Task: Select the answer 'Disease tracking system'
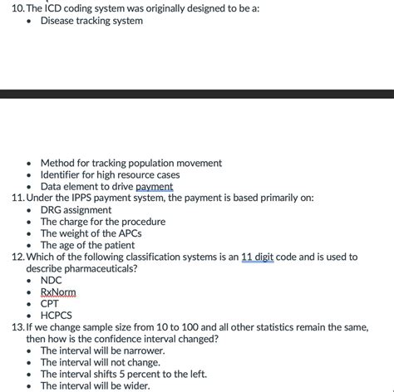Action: (x=91, y=21)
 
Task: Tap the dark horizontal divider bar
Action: (x=197, y=94)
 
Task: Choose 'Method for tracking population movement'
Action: (x=131, y=164)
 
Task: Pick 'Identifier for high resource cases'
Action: (x=110, y=175)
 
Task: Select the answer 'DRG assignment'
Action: (x=76, y=210)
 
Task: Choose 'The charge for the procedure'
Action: (x=102, y=222)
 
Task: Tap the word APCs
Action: (x=126, y=233)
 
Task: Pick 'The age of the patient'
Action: (x=87, y=245)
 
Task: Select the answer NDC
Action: (x=51, y=281)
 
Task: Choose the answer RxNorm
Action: (x=57, y=292)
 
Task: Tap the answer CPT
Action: (x=50, y=304)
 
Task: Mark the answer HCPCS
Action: (x=56, y=316)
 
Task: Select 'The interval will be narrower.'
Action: (x=102, y=350)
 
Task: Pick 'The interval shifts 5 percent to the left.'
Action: (x=123, y=374)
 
